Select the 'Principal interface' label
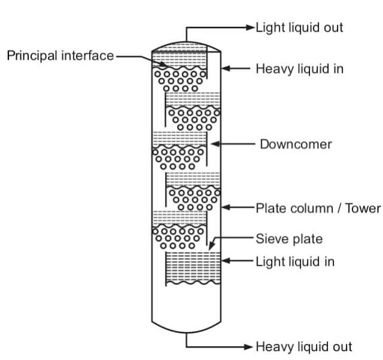point(60,56)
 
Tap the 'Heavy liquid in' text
point(299,68)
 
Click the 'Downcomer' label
point(295,145)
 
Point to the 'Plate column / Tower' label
point(318,208)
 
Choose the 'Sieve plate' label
point(289,239)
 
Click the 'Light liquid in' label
point(295,261)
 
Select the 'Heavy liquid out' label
point(304,347)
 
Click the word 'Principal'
point(30,56)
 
